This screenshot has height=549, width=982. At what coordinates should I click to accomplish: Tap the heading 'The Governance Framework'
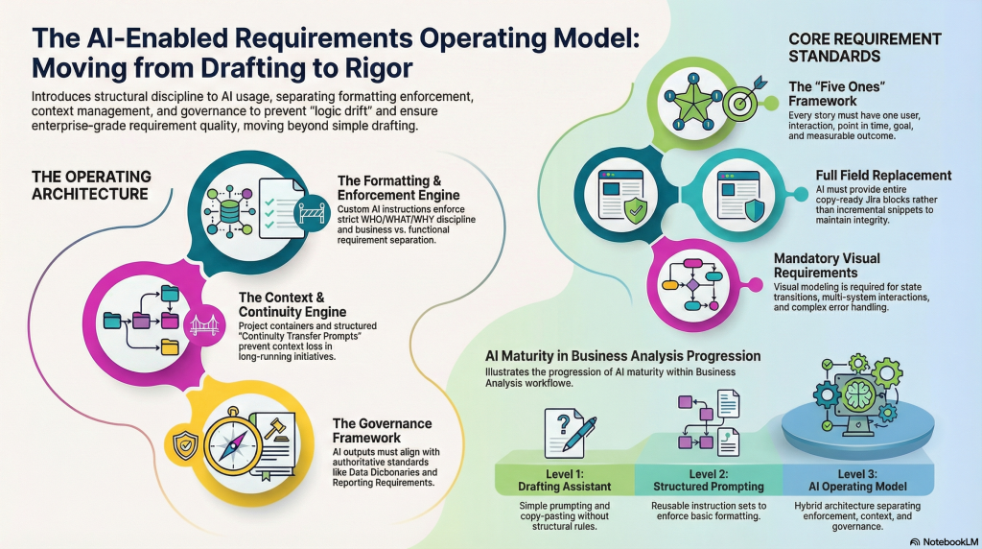tap(382, 430)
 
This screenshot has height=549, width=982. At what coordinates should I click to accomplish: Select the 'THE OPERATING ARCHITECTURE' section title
tap(91, 185)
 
